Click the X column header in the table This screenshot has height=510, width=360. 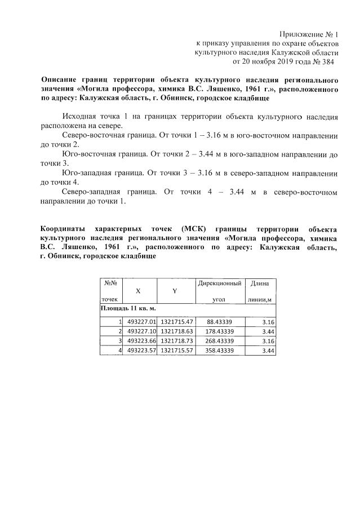[x=138, y=290]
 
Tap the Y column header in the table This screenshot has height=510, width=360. [x=175, y=290]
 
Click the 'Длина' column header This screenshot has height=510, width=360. [x=260, y=282]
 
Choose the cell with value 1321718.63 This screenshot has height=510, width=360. [x=177, y=331]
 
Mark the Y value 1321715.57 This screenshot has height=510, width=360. [x=177, y=351]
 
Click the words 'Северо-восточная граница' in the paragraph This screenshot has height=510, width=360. [x=107, y=136]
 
